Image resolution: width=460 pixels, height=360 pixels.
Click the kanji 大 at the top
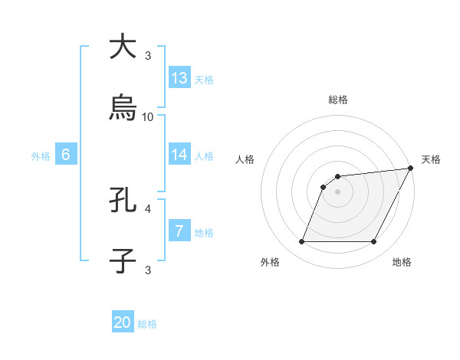click(123, 47)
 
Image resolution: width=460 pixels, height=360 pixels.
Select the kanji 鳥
click(123, 107)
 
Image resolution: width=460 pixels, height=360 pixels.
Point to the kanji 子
click(123, 260)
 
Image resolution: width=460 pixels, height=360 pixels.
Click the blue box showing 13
click(179, 78)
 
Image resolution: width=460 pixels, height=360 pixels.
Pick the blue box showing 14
click(179, 155)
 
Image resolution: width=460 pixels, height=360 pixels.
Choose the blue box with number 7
click(179, 231)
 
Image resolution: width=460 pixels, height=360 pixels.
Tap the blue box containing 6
click(66, 155)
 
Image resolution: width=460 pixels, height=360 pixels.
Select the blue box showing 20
click(123, 323)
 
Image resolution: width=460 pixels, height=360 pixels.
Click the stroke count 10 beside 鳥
click(148, 116)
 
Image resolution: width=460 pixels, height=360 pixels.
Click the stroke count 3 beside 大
click(148, 56)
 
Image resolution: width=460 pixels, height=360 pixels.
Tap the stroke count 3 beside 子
click(148, 270)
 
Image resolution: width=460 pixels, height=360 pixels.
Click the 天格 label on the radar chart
click(431, 159)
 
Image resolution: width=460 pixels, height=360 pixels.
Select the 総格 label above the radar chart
click(338, 100)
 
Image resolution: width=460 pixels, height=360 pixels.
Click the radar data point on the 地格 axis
click(374, 242)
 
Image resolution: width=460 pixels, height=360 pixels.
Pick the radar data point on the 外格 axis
click(301, 242)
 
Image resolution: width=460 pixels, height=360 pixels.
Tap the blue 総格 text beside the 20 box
click(147, 324)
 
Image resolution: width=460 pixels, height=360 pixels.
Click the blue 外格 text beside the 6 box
click(41, 155)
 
